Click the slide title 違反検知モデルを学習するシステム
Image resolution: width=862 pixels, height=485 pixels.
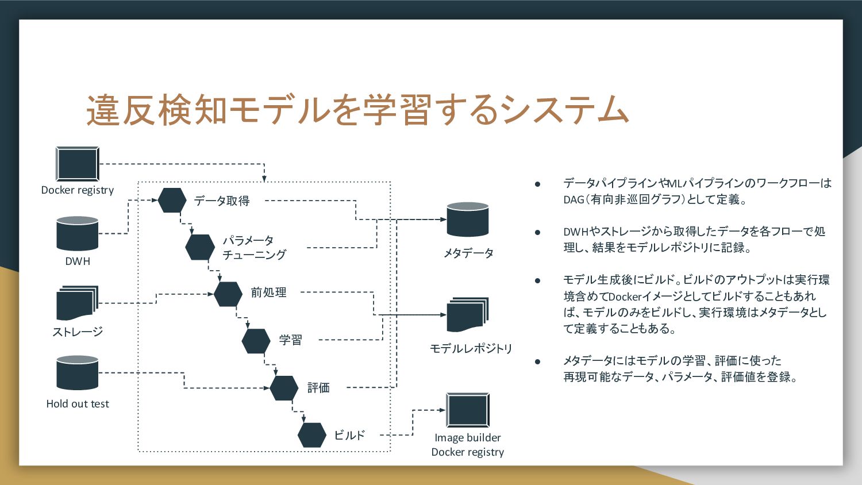pos(357,110)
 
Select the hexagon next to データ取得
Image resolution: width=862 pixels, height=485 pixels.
pos(172,200)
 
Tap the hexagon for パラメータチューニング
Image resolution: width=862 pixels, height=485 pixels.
pos(200,247)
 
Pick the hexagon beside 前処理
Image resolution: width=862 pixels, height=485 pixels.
pos(228,294)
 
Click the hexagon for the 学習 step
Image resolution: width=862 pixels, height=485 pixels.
pos(256,341)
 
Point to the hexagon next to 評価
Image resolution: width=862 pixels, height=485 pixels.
pos(284,388)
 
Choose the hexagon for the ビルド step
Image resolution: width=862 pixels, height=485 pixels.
pos(312,435)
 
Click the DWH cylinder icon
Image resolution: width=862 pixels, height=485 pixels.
pos(78,234)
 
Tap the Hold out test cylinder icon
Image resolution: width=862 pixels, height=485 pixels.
pos(78,373)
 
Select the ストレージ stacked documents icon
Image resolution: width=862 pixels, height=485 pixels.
pos(78,303)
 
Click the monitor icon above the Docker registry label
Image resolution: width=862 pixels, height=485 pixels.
pos(78,164)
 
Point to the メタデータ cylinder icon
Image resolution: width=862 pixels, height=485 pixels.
pos(468,220)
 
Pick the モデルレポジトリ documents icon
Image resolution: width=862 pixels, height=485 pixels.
pos(468,314)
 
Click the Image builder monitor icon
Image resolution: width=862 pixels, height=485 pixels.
pos(468,410)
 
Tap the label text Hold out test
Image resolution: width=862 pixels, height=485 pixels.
pos(78,403)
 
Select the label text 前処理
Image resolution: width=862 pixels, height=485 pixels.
pos(268,292)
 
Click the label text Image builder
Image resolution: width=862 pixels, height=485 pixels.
pos(468,438)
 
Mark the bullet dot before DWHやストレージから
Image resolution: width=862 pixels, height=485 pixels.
pos(537,232)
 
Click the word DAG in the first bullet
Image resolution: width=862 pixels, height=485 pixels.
pos(574,200)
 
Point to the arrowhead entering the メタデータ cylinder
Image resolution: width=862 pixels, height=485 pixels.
pos(443,220)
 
